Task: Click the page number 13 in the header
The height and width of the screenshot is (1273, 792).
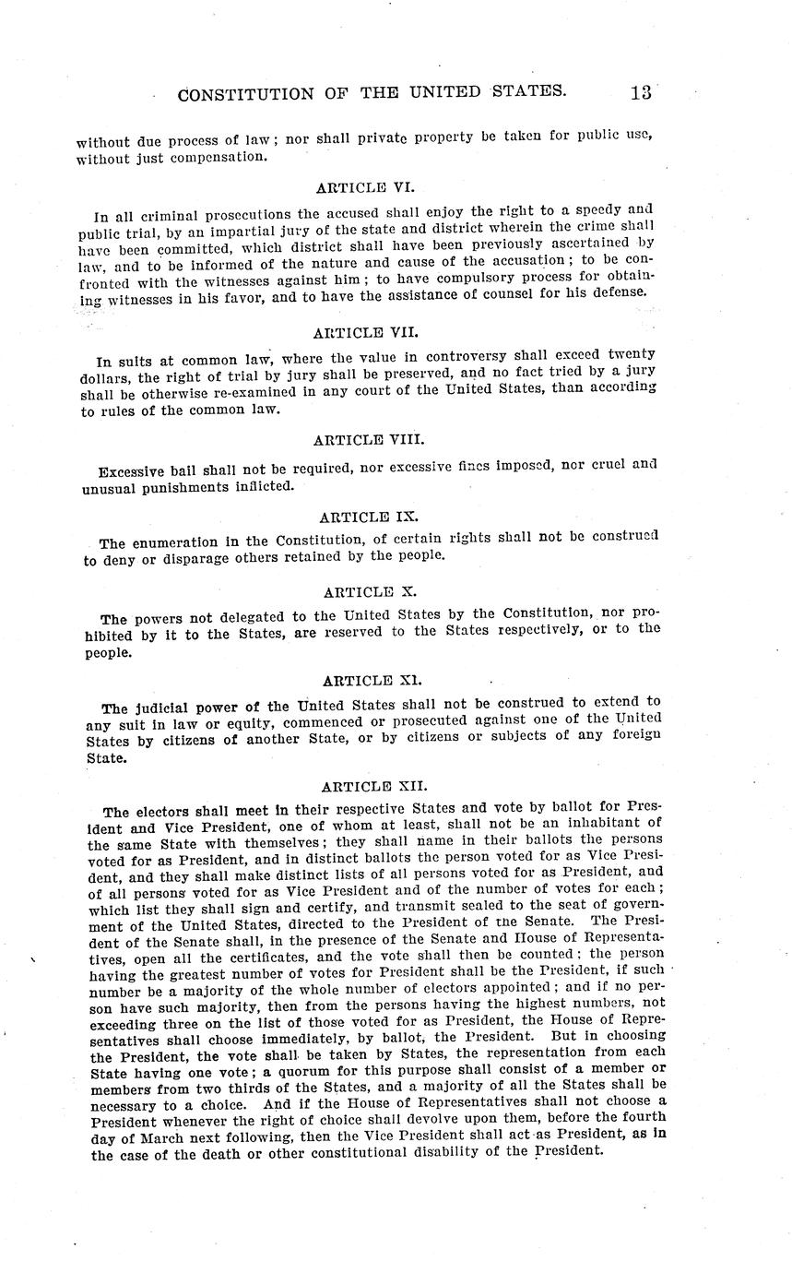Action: tap(641, 92)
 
